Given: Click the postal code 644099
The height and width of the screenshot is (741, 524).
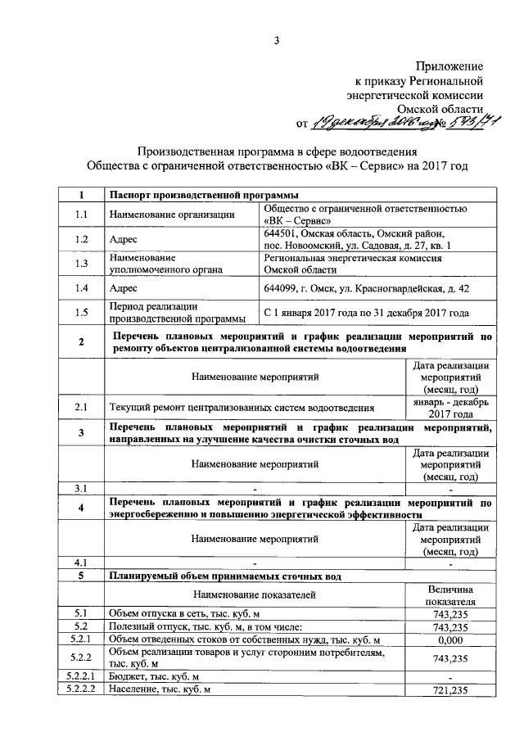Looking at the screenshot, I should pyautogui.click(x=283, y=288).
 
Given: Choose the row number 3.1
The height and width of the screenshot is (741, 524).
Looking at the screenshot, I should pyautogui.click(x=80, y=489).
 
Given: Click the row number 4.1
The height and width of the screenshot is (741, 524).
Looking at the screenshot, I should pyautogui.click(x=80, y=563).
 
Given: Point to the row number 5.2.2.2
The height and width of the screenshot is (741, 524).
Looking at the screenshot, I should pyautogui.click(x=80, y=691).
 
